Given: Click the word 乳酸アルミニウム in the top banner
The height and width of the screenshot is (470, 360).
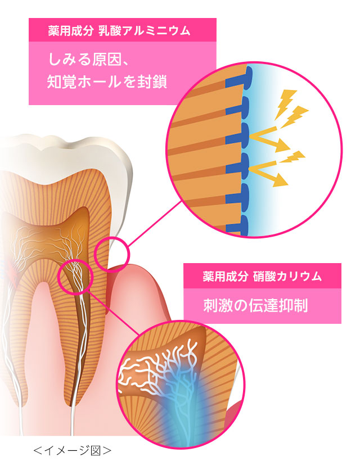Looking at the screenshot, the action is click(x=145, y=31).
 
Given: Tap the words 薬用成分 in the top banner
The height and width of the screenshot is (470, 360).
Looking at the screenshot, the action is click(x=71, y=31).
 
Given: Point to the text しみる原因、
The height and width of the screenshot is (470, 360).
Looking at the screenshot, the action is click(x=89, y=59).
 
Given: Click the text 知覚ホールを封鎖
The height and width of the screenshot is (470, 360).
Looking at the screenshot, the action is click(x=107, y=82).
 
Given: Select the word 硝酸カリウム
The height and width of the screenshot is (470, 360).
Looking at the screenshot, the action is click(x=287, y=276).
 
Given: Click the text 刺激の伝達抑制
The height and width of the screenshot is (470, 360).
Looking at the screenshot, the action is click(x=255, y=305).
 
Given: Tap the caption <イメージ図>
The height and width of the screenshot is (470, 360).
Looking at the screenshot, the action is click(x=73, y=450).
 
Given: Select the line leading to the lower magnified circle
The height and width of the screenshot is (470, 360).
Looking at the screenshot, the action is click(x=114, y=313).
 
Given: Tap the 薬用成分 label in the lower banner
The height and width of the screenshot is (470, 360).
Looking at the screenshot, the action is click(x=225, y=276).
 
